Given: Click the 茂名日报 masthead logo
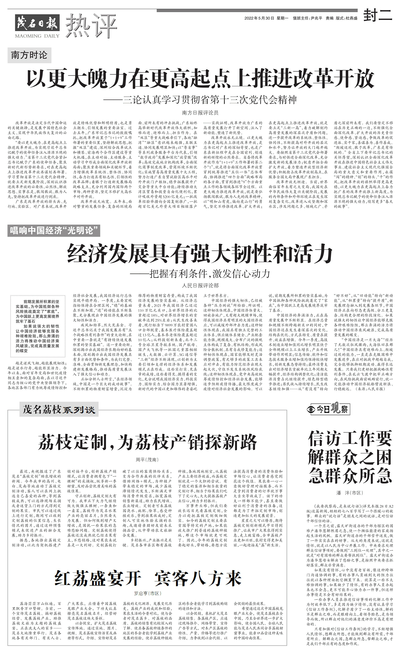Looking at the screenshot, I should coord(37,23).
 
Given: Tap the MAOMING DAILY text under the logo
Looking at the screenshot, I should coord(37,36).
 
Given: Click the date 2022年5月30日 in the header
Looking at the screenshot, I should coord(259,18).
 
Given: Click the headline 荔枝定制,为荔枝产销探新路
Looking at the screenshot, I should coord(148,442).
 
